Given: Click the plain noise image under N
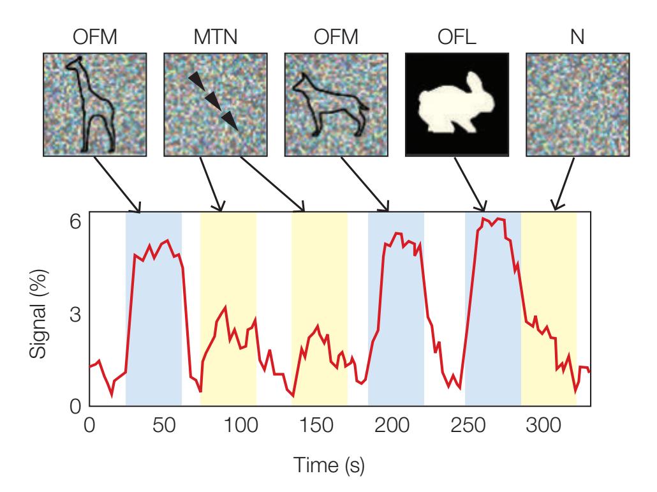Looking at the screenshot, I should coord(577,104).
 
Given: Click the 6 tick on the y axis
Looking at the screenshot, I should coord(76,221).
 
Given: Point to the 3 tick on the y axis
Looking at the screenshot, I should coord(76,314).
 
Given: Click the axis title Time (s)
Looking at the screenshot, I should coord(328,466).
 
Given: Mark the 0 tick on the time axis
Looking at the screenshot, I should coord(89,426).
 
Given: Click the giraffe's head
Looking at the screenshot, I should coord(77,63).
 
